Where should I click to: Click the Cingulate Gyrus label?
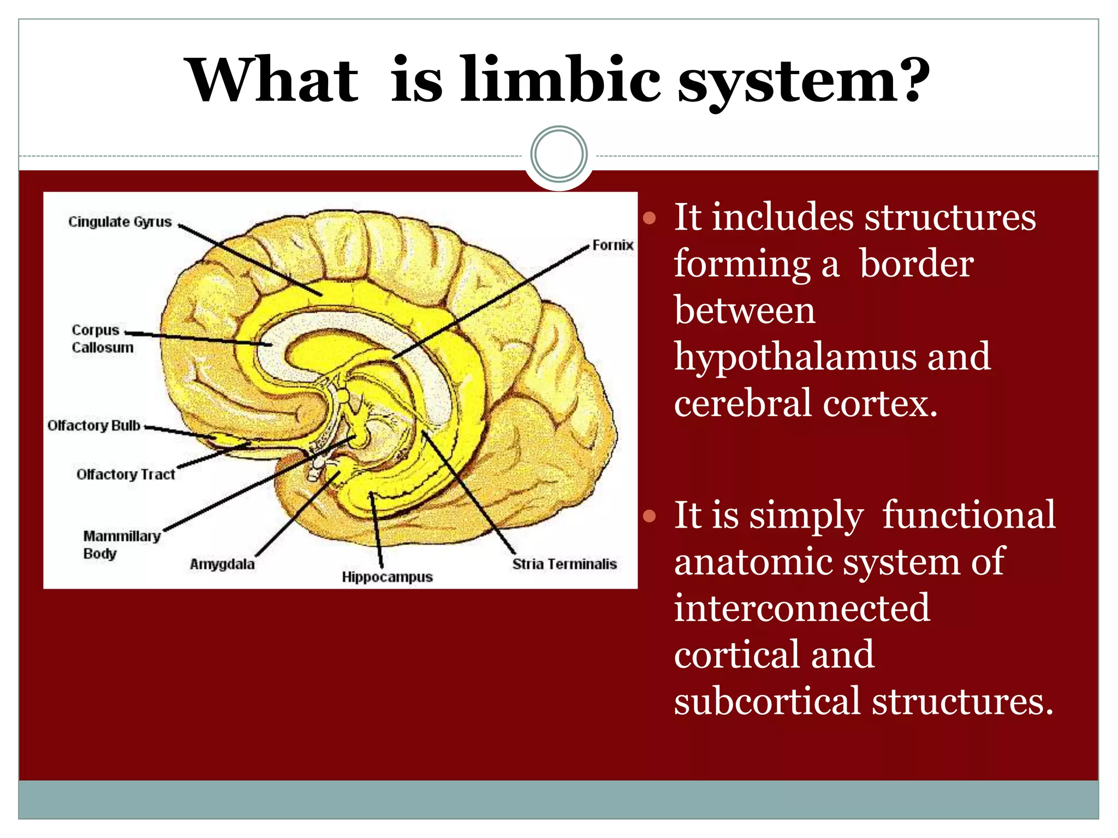120,222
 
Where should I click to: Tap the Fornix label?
612,246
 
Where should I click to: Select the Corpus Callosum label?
102,339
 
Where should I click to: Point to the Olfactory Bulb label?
94,426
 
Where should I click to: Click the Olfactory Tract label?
126,475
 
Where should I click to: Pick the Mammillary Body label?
121,544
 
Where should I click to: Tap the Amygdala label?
222,564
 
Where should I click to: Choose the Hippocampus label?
387,577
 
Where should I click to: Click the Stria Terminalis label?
564,564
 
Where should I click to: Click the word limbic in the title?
560,81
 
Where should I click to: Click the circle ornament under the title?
559,154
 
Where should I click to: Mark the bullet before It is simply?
649,516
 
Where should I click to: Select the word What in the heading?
273,81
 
